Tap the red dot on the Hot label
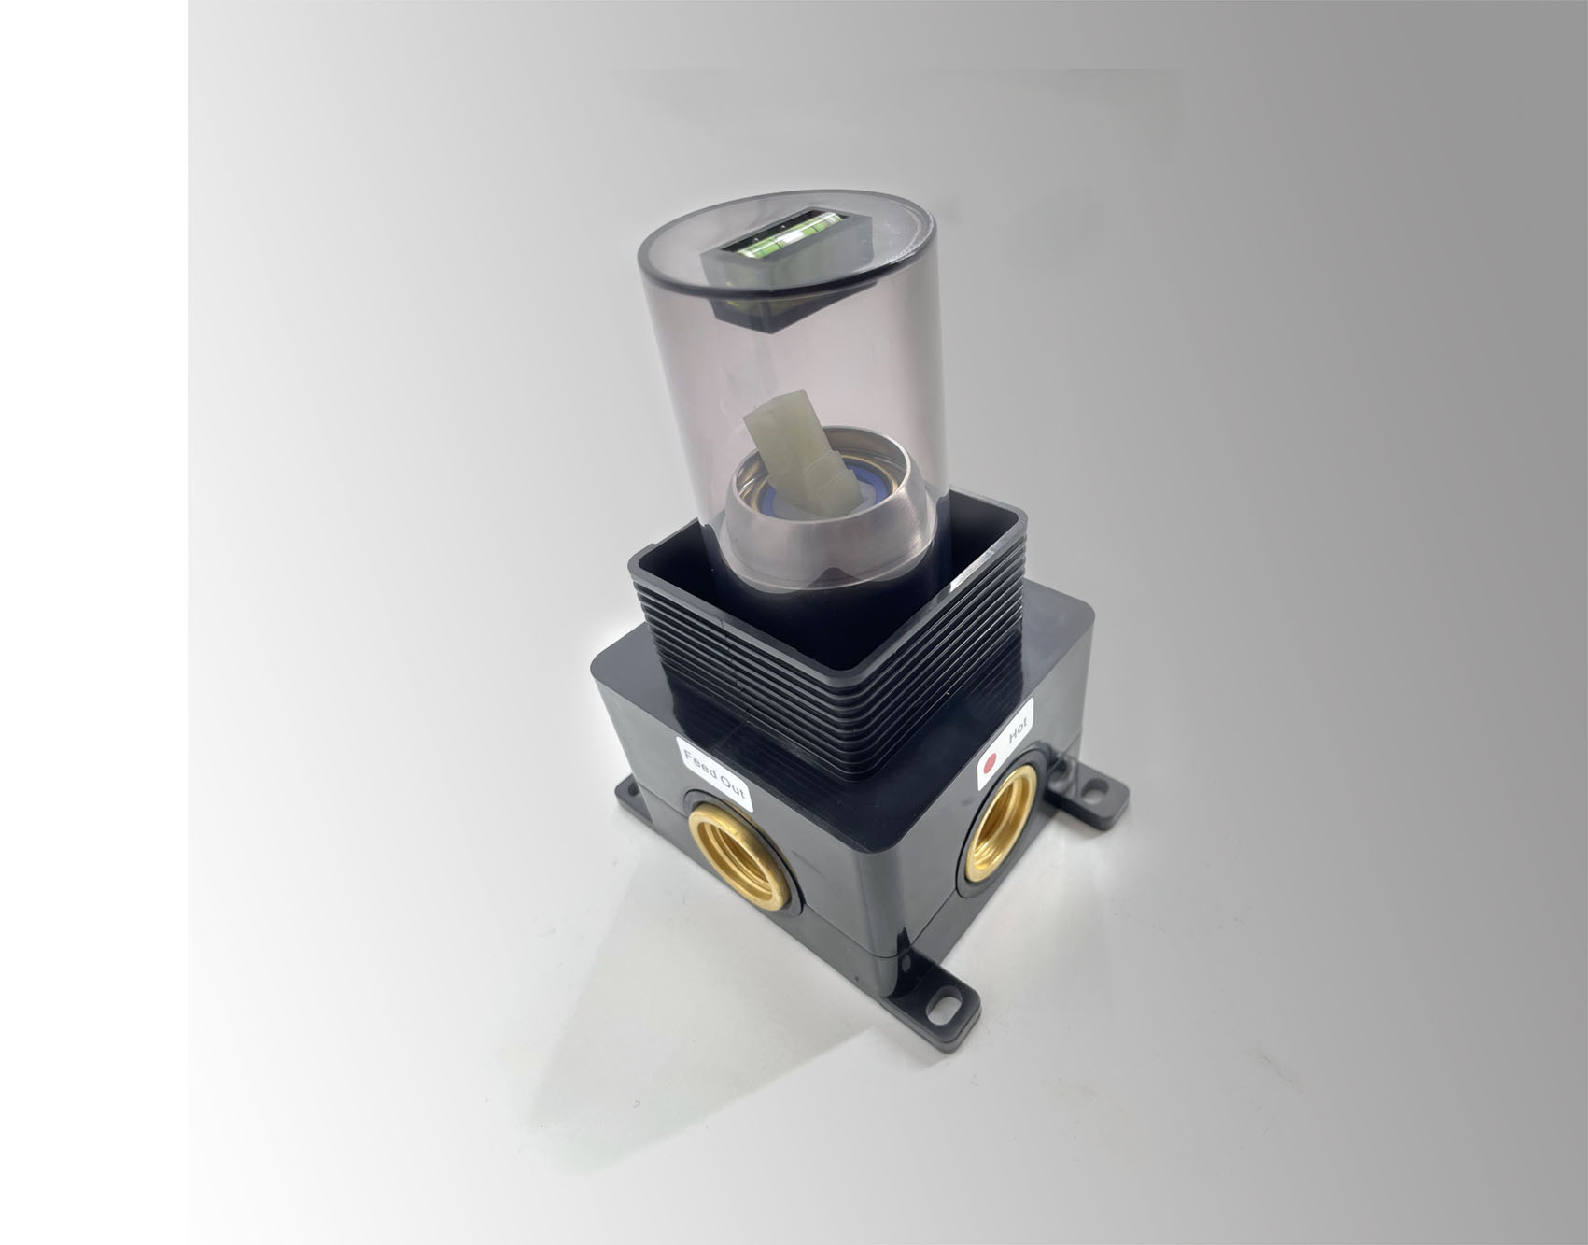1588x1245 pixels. [x=991, y=760]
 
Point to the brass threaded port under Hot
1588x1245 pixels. [x=999, y=823]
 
